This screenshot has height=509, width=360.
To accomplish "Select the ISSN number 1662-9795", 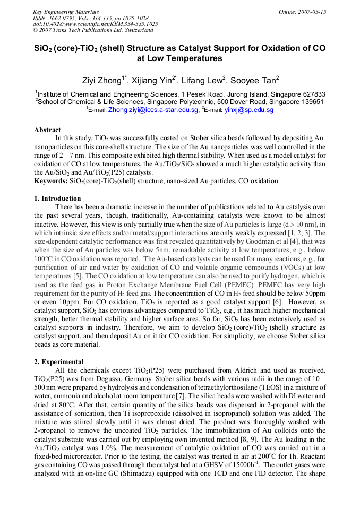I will click(60, 18).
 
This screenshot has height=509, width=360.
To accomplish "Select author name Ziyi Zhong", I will click(104, 81).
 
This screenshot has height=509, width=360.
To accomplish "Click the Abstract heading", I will click(47, 130).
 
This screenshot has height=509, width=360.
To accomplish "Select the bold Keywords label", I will click(50, 181).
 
